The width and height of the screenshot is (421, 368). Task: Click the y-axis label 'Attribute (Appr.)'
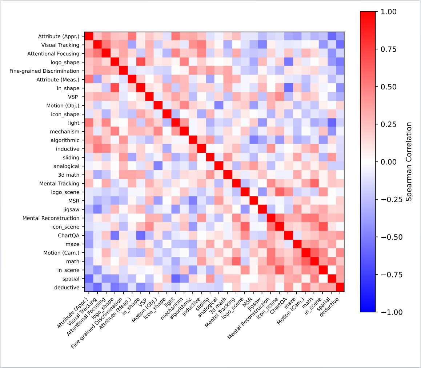coord(59,36)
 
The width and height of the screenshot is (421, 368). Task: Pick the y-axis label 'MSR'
coord(74,201)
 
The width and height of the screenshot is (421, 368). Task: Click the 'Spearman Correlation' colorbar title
coord(409,162)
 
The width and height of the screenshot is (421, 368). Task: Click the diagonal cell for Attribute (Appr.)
coord(89,36)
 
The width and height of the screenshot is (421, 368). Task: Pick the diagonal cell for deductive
coord(340,287)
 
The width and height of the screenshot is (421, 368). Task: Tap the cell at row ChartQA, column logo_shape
coord(115,235)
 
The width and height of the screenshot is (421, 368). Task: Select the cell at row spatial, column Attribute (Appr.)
coord(89,279)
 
